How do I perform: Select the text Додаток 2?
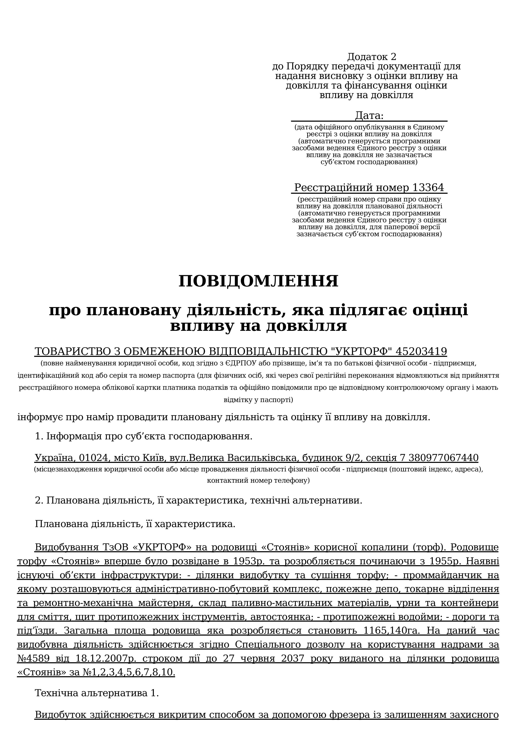click(x=372, y=57)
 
